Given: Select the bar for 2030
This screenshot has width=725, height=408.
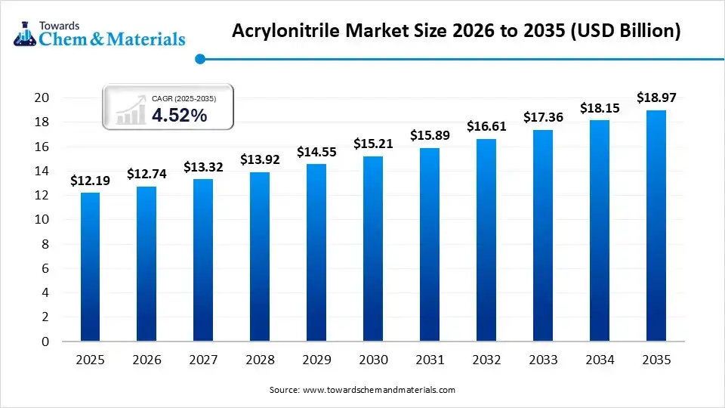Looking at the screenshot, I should click(373, 249).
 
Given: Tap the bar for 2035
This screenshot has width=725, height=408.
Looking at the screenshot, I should click(656, 226).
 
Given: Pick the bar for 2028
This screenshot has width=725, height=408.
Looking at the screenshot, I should click(260, 257).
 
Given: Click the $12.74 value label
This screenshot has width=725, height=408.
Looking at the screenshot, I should click(147, 174).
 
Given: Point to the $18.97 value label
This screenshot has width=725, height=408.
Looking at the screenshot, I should click(656, 97).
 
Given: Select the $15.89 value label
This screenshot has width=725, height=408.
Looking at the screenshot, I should click(430, 135).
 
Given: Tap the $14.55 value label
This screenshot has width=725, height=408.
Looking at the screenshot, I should click(316, 151).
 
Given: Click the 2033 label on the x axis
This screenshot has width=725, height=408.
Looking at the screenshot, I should click(543, 360).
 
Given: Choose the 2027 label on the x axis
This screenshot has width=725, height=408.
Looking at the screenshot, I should click(203, 360).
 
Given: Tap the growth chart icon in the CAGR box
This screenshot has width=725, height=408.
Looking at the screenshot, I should click(131, 110).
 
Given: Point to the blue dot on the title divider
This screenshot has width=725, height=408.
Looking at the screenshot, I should click(199, 59).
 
